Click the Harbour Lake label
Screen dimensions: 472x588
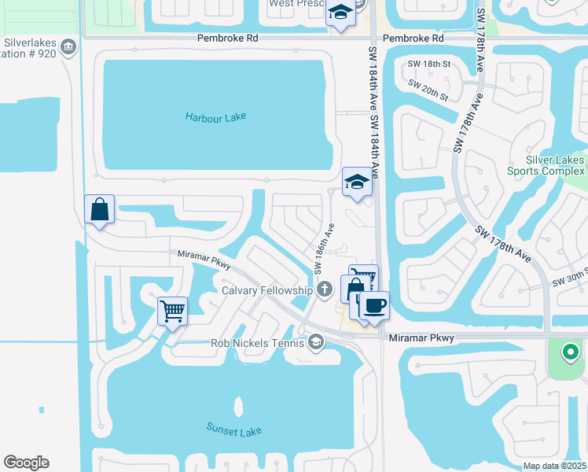pos(215,116)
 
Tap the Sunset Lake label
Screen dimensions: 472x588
pos(233,430)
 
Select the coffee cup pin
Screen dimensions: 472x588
pos(374,304)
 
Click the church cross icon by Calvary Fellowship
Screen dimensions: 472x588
pos(323,290)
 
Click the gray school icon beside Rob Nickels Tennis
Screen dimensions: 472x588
pos(316,341)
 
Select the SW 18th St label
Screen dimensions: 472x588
pos(428,64)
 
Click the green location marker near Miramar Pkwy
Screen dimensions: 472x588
pos(571,351)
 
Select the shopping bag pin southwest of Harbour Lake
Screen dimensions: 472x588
pos(99,209)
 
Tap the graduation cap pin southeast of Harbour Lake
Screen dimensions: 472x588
pos(356,182)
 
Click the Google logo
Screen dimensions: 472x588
pos(26,463)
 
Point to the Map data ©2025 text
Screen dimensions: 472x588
pos(555,465)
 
